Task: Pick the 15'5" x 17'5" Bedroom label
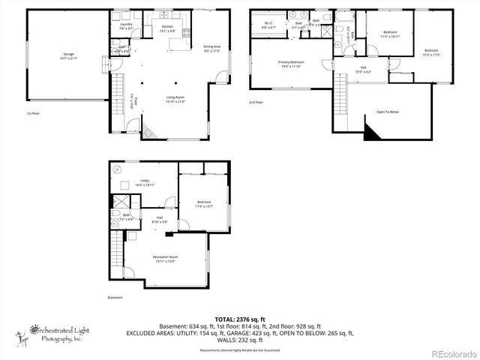430,52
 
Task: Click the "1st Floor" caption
32,113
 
